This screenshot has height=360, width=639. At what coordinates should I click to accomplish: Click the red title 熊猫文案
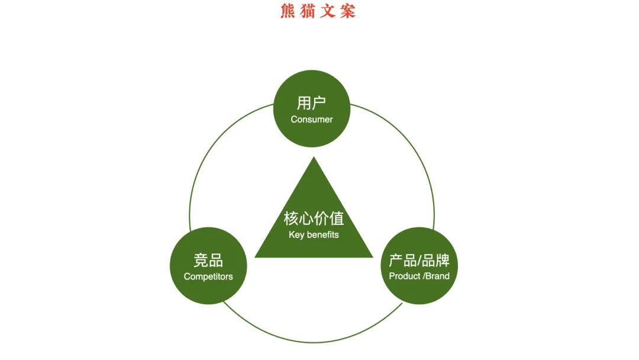[318, 11]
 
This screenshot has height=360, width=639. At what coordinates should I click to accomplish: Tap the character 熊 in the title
[288, 11]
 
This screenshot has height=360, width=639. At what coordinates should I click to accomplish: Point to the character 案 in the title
[348, 11]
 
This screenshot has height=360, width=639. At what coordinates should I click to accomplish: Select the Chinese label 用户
[311, 103]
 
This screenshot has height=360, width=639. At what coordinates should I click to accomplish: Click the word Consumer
[311, 119]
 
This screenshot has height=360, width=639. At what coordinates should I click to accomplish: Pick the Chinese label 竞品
[208, 261]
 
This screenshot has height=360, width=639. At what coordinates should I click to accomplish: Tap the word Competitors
[208, 277]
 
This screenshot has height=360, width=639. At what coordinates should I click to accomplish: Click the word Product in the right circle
[405, 276]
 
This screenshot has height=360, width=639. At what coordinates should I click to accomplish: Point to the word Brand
[438, 276]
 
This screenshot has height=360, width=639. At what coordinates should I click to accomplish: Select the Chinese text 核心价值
[314, 218]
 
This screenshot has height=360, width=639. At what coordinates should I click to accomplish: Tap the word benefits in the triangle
[322, 234]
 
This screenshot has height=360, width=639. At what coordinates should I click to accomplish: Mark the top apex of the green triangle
[314, 157]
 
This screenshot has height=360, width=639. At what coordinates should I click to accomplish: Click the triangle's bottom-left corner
[256, 256]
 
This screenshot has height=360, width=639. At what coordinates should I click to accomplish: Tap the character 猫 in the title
[308, 11]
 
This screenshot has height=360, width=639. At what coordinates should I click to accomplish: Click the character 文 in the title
[328, 11]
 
